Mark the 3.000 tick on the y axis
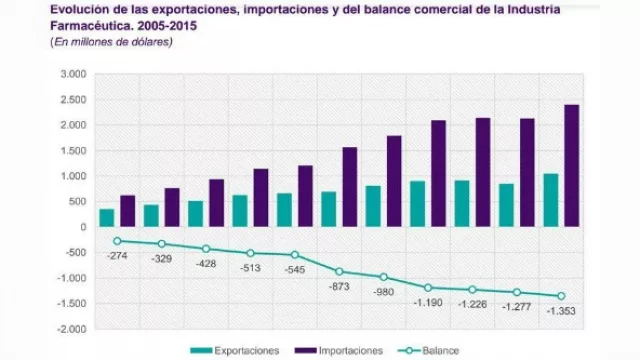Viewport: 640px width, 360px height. pyautogui.click(x=72, y=75)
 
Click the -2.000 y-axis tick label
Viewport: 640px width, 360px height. pyautogui.click(x=70, y=329)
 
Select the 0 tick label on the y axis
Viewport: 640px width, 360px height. pyautogui.click(x=81, y=227)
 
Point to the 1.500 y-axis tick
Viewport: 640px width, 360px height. pyautogui.click(x=72, y=151)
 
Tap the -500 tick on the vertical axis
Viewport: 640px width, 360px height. pyautogui.click(x=74, y=253)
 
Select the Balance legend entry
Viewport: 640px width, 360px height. pyautogui.click(x=435, y=351)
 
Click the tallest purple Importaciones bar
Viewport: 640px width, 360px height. pyautogui.click(x=571, y=165)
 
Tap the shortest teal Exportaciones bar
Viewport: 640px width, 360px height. pyautogui.click(x=107, y=217)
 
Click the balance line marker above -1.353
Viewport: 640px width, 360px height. pyautogui.click(x=561, y=296)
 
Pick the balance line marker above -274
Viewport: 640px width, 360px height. pyautogui.click(x=117, y=241)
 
